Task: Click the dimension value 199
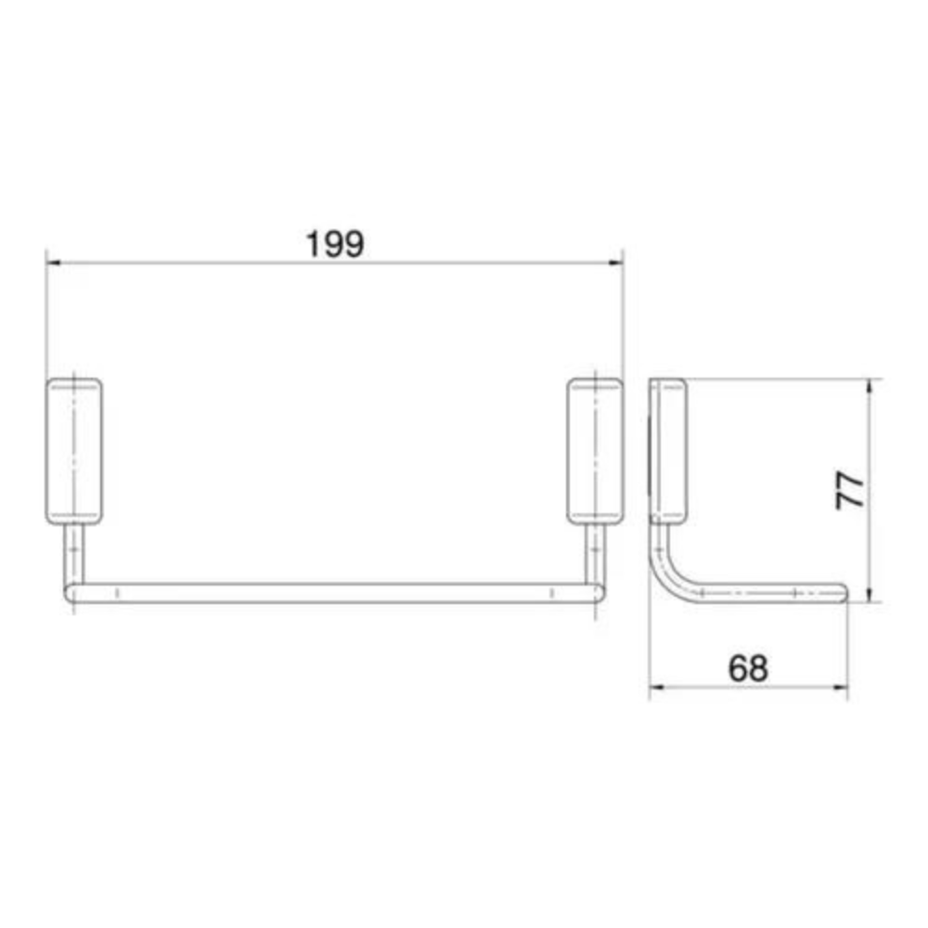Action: click(x=335, y=244)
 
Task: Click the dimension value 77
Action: click(x=850, y=490)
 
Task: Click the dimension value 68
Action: click(x=748, y=668)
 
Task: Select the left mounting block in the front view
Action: click(x=74, y=452)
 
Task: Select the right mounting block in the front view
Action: click(x=595, y=452)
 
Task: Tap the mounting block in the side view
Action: click(x=668, y=452)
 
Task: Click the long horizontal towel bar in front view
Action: click(x=334, y=593)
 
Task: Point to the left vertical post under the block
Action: click(x=74, y=554)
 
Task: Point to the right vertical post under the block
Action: click(x=595, y=554)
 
